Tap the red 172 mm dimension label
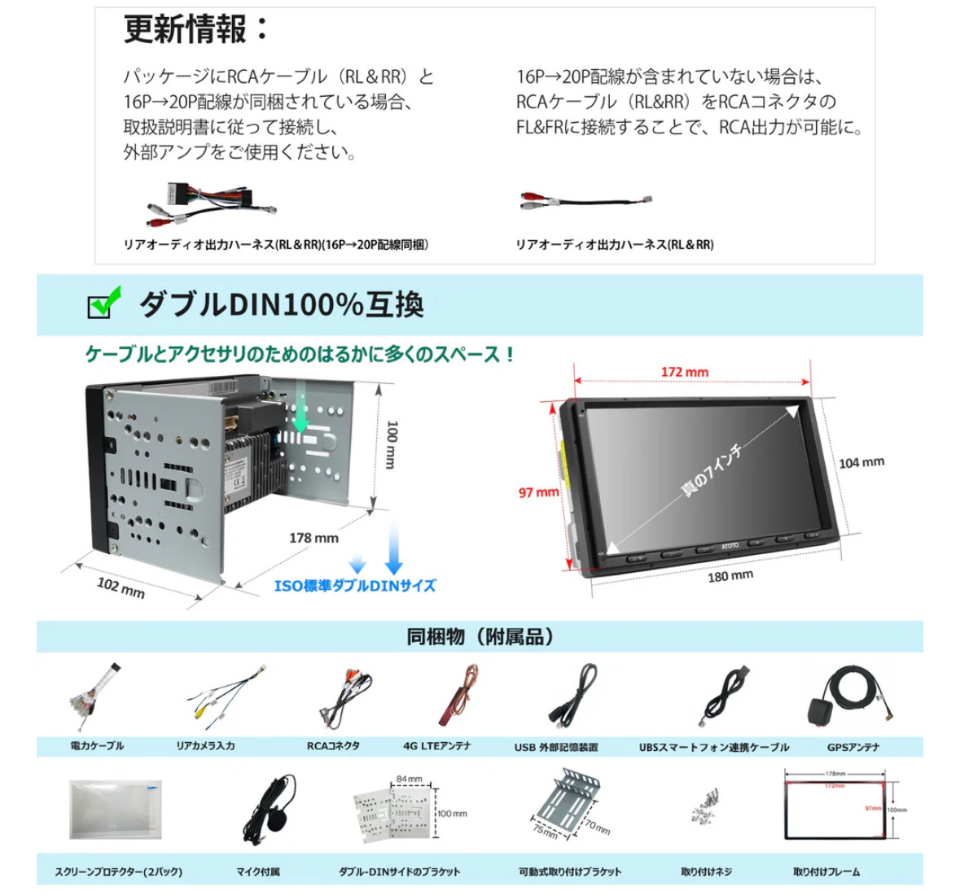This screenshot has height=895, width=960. click(x=684, y=372)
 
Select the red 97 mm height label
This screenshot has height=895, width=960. click(x=538, y=492)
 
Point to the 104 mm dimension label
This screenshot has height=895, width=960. click(x=861, y=462)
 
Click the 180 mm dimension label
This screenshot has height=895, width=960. click(x=730, y=576)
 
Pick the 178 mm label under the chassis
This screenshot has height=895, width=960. click(x=313, y=538)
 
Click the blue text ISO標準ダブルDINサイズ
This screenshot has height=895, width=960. click(x=354, y=586)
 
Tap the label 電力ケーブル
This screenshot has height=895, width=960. click(x=97, y=745)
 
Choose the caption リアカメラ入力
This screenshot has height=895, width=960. click(x=205, y=745)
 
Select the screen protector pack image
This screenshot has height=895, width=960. click(x=115, y=810)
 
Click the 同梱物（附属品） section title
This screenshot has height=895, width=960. click(x=480, y=636)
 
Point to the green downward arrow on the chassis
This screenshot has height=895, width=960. click(x=300, y=411)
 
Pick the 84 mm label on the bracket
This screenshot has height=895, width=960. click(x=409, y=779)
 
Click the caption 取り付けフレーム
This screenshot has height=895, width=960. click(x=826, y=871)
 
